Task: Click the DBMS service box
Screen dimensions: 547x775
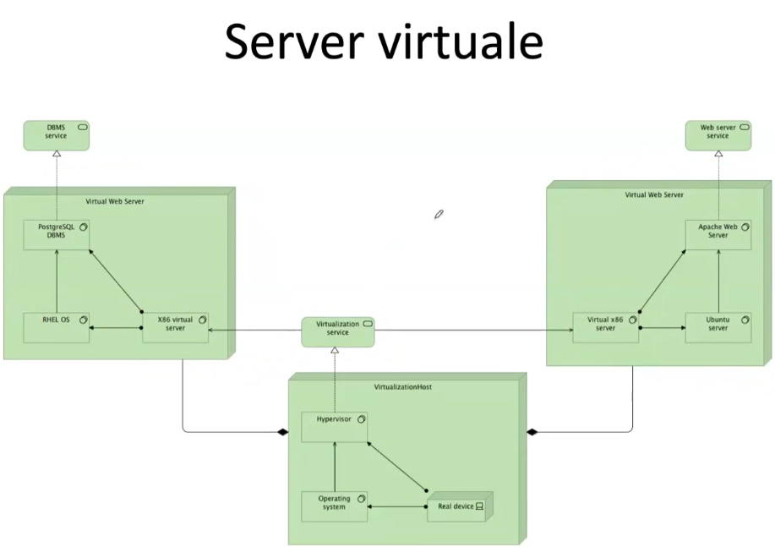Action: tap(56, 135)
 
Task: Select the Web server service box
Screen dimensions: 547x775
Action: tap(718, 135)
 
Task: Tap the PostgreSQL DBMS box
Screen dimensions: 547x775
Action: tap(56, 235)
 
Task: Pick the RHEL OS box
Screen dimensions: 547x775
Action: tap(56, 327)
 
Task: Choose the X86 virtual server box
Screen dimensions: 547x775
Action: tap(175, 327)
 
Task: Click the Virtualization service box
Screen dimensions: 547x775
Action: tap(338, 331)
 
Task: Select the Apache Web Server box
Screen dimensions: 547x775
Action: tap(718, 235)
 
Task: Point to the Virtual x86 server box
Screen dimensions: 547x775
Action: tap(605, 327)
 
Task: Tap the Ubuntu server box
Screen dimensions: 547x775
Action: tap(718, 327)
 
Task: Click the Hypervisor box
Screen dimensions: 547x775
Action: tap(335, 425)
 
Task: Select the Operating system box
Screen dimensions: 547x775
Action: tap(335, 506)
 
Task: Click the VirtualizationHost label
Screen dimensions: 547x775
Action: tap(407, 386)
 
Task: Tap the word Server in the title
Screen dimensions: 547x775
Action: tap(287, 42)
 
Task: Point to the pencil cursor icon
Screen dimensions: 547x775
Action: tap(439, 215)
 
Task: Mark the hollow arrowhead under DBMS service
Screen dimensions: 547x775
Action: tap(56, 155)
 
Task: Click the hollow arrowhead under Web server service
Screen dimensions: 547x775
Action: tap(718, 155)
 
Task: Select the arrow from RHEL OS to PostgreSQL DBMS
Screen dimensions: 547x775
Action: tap(56, 283)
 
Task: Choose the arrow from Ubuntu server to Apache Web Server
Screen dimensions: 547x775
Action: tap(718, 283)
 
